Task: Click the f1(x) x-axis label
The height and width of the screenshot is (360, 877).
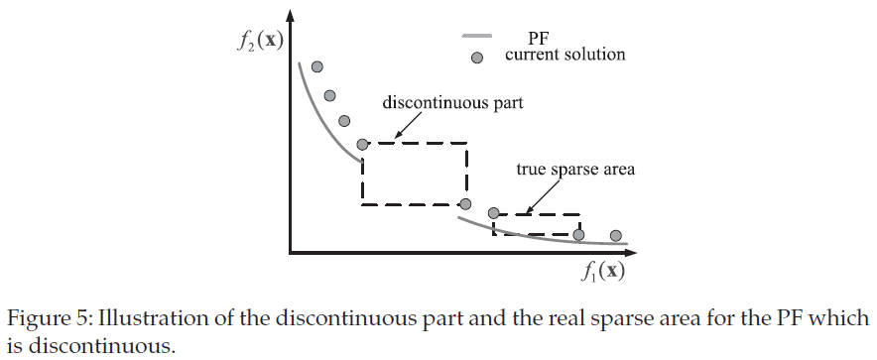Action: pos(605,270)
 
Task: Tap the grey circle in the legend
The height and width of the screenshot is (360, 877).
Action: pos(476,58)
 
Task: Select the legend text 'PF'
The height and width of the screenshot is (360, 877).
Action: pos(540,39)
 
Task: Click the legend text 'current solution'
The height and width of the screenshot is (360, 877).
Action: pos(564,55)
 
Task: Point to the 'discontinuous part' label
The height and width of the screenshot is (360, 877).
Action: pos(453,102)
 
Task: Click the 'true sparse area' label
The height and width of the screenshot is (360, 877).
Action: pos(574,170)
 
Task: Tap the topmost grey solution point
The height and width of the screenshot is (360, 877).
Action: pos(317,67)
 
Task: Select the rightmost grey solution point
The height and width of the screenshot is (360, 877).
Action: pos(615,235)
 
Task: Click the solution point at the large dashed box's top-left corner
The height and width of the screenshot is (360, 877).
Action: pos(363,144)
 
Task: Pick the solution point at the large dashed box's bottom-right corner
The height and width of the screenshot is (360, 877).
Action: pos(465,204)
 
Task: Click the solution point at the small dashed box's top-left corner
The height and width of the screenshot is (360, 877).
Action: pos(493,212)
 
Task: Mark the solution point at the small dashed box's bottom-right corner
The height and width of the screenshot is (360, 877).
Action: pos(579,235)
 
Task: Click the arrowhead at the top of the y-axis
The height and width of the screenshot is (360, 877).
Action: pos(290,17)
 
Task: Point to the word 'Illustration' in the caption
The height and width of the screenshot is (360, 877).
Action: pos(132,319)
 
